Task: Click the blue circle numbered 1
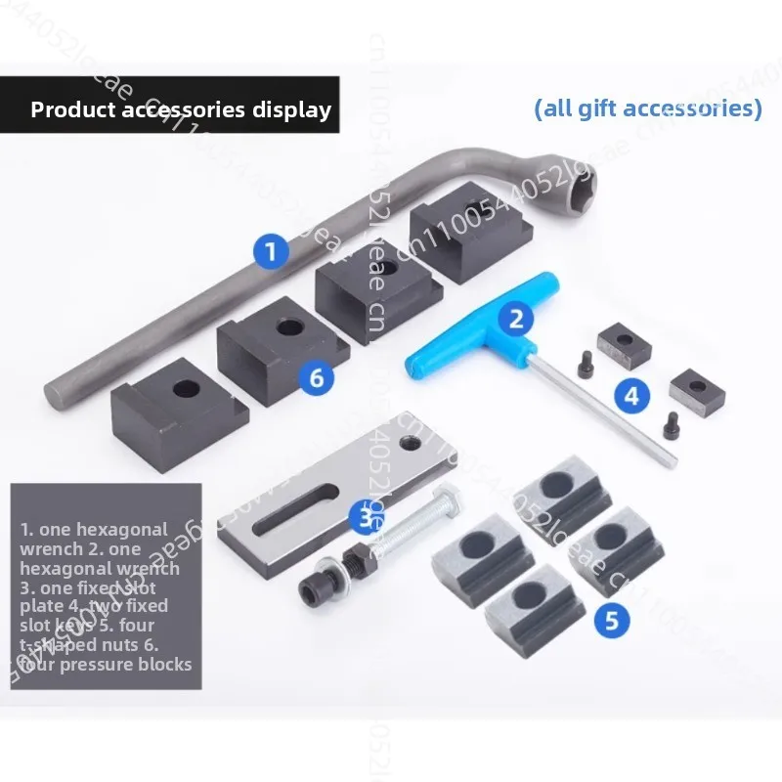(271, 251)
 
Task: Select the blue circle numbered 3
(366, 515)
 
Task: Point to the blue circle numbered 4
(631, 396)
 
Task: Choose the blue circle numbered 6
(316, 375)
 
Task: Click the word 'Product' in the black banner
(71, 109)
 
